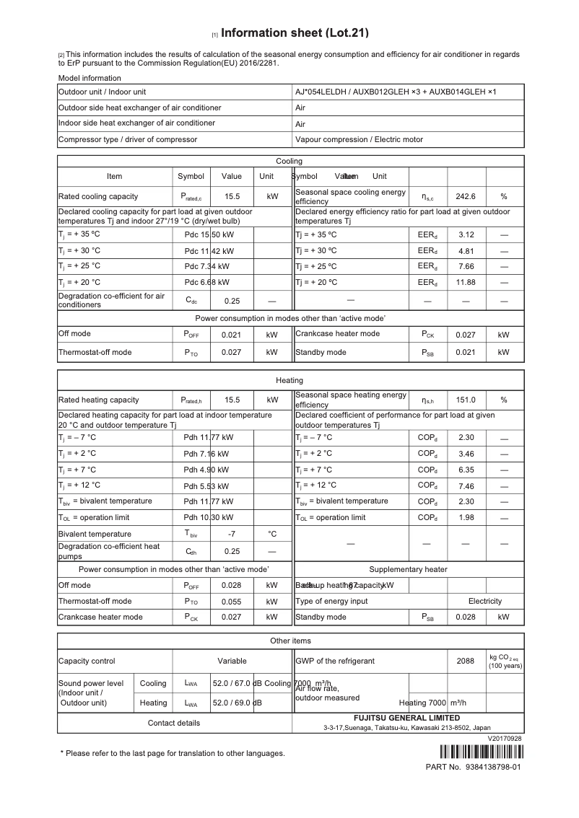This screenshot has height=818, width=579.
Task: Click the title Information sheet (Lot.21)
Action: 295,33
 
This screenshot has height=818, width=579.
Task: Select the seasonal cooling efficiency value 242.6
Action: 466,196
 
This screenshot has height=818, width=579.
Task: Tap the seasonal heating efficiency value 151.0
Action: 466,400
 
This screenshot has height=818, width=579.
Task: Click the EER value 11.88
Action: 466,282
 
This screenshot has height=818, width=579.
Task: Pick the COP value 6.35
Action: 466,469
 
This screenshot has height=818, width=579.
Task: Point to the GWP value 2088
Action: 466,661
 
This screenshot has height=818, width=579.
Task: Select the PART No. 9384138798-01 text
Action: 473,767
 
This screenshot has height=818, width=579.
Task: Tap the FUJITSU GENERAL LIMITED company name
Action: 406,718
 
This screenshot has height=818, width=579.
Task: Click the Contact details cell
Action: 174,723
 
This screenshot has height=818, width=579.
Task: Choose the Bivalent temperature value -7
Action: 232,534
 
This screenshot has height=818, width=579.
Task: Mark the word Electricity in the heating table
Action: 484,601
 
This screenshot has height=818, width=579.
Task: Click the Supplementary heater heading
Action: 408,570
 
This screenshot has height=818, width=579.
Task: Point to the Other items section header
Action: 290,641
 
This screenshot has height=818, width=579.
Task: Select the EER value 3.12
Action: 466,234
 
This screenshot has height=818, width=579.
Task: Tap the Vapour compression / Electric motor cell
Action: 359,139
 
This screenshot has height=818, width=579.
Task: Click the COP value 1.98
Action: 466,517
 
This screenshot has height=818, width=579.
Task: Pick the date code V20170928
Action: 504,739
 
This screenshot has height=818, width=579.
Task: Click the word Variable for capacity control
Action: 232,661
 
